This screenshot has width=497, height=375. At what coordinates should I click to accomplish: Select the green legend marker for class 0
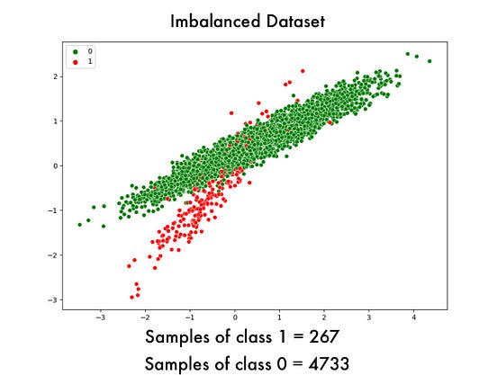[76, 52]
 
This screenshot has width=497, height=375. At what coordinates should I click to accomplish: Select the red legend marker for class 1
[76, 61]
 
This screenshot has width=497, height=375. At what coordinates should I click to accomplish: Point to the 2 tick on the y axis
[56, 76]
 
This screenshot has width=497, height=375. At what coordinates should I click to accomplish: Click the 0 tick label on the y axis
[56, 165]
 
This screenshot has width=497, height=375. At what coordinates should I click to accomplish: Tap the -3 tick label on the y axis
[54, 299]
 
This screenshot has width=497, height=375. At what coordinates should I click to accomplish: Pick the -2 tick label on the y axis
[54, 254]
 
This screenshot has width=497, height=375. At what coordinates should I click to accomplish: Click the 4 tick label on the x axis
[413, 317]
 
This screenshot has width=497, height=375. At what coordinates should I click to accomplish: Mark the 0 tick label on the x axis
[235, 317]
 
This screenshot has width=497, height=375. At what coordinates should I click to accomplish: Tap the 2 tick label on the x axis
[324, 317]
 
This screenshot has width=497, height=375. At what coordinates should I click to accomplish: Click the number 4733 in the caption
[324, 363]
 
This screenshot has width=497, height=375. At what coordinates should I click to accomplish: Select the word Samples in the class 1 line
[179, 339]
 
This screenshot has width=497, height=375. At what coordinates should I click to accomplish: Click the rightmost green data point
[429, 61]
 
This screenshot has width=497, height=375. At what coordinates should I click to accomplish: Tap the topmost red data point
[303, 69]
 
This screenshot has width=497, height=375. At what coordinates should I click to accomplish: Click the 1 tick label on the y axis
[56, 121]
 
